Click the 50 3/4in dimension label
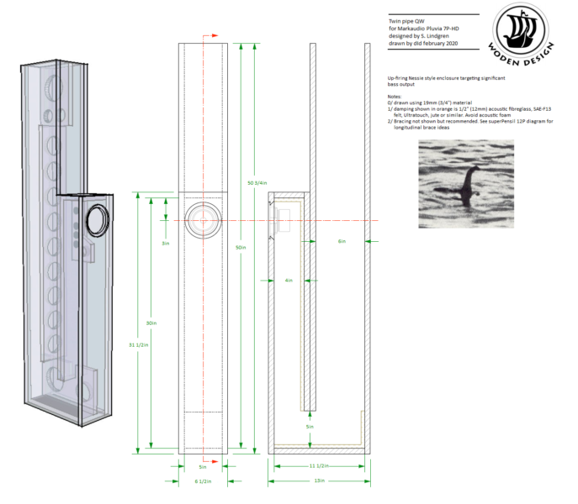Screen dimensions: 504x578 click(257, 182)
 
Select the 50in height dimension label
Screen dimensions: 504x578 click(241, 248)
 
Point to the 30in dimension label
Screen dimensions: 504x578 click(151, 323)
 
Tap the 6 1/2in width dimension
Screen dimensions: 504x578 click(203, 481)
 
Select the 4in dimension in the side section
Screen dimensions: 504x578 click(288, 280)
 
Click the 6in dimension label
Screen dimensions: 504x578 click(342, 241)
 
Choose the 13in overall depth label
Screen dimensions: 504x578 click(321, 481)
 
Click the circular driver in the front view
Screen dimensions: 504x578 click(203, 220)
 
